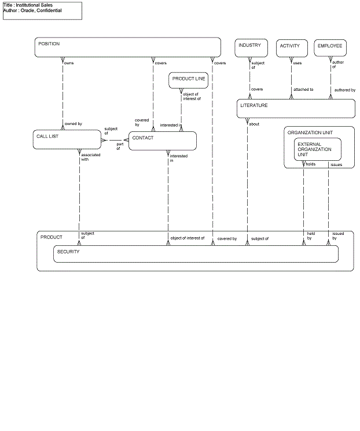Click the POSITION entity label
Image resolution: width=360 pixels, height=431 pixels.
(49, 44)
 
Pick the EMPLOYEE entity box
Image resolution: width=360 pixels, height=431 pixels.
(330, 48)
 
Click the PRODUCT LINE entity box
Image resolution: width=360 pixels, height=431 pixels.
(189, 80)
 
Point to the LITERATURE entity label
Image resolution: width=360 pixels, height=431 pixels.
(254, 106)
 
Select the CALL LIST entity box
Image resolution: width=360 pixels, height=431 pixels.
(68, 139)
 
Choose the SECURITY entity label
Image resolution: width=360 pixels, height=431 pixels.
(68, 252)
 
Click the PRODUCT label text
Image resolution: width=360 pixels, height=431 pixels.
(51, 237)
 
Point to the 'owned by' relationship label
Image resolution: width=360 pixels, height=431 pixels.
(73, 124)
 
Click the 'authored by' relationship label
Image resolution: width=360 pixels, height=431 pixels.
(345, 90)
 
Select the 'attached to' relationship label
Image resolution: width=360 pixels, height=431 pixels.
(303, 90)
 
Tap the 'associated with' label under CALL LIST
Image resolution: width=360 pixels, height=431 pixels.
(90, 157)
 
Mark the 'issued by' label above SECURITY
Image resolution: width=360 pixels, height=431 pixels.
(338, 236)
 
